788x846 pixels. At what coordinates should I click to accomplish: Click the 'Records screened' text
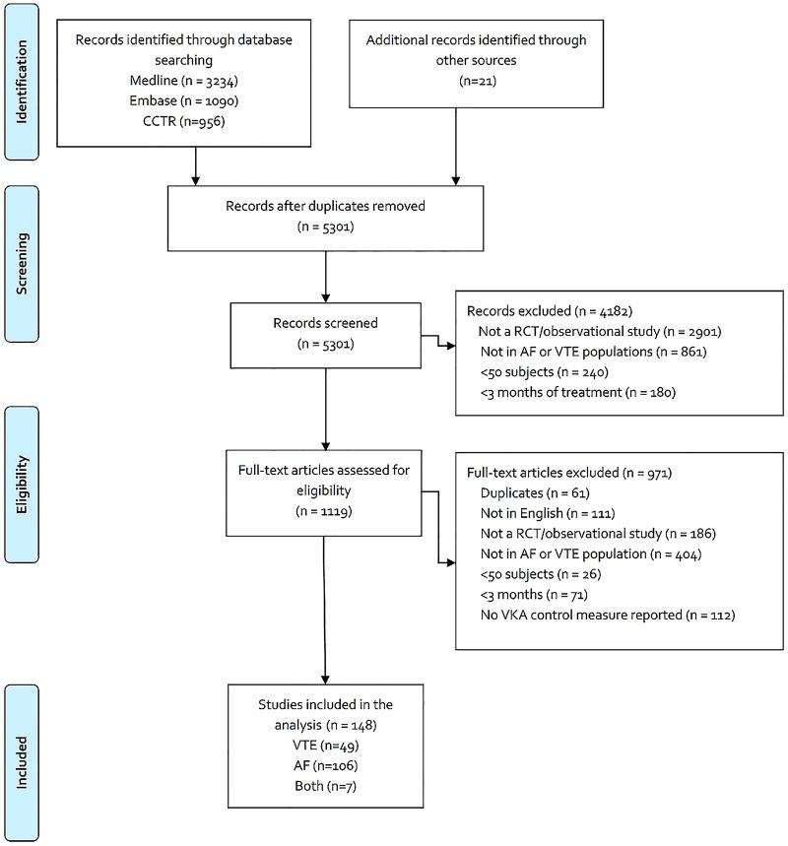pos(325,324)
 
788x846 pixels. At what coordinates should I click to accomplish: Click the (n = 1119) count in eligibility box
pos(325,511)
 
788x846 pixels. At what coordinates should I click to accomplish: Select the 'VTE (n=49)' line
pos(325,747)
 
